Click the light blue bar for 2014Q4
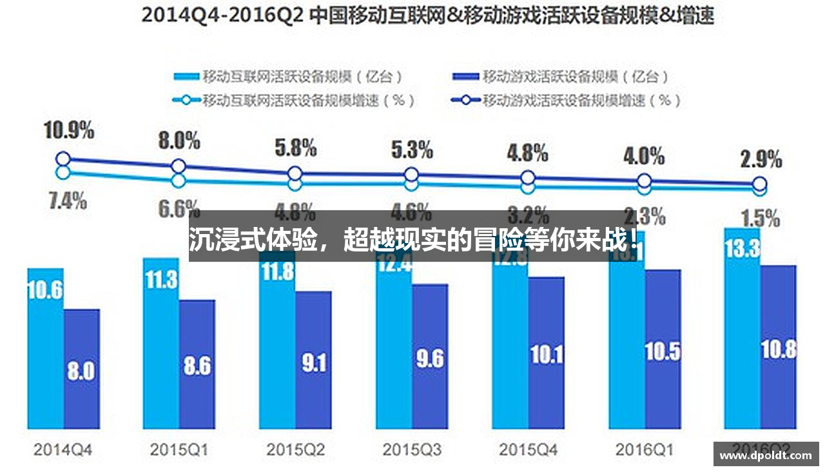tap(45, 348)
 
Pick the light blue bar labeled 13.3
tap(742, 329)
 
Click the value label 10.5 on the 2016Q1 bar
tap(663, 352)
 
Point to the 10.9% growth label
tap(68, 131)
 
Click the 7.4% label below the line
tap(67, 201)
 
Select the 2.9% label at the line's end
tap(761, 159)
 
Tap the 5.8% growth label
tap(295, 148)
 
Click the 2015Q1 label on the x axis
tap(179, 449)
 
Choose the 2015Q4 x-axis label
tap(528, 449)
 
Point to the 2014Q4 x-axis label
tap(62, 449)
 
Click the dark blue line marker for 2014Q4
tap(63, 159)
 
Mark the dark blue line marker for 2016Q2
tap(760, 183)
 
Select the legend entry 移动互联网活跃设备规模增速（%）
tap(295, 100)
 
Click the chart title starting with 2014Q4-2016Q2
tap(427, 15)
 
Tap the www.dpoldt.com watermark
tap(766, 455)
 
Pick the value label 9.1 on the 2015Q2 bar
tap(314, 364)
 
